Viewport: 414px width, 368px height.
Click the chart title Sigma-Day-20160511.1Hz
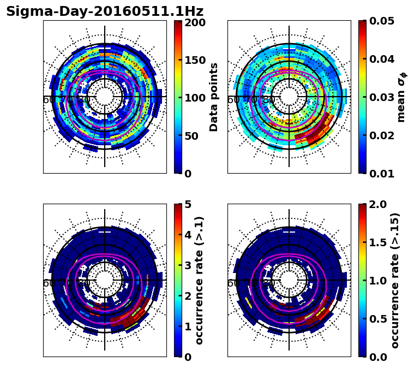tap(105, 11)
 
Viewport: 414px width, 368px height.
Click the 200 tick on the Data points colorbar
tap(195, 22)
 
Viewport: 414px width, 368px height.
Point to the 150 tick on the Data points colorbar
tap(195, 60)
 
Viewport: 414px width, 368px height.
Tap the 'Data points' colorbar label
tap(214, 97)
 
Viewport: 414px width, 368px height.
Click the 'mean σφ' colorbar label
tap(401, 97)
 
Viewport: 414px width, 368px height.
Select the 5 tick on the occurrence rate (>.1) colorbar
tap(188, 204)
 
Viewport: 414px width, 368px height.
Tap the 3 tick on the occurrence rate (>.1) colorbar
tap(188, 265)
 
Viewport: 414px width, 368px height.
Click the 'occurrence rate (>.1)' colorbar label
tap(200, 280)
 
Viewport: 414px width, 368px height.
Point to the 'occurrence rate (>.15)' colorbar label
tap(395, 280)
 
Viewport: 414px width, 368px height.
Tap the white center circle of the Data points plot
tap(105, 97)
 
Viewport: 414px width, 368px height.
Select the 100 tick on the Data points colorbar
tap(195, 98)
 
